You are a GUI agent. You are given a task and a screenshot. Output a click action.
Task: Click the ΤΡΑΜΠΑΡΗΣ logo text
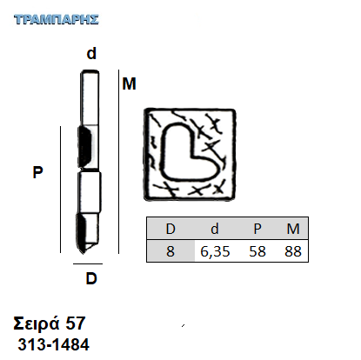pyautogui.click(x=57, y=20)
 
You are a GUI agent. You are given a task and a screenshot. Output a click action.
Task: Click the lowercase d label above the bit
pyautogui.click(x=91, y=54)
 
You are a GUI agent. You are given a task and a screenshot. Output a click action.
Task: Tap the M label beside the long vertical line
pyautogui.click(x=129, y=83)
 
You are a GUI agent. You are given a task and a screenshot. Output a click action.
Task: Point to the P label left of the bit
pyautogui.click(x=37, y=172)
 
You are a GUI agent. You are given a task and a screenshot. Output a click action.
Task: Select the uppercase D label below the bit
pyautogui.click(x=91, y=278)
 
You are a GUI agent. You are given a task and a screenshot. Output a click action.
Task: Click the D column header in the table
pyautogui.click(x=170, y=229)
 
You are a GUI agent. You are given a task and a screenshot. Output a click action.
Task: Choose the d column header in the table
pyautogui.click(x=215, y=229)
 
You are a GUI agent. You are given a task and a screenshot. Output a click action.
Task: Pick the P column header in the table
pyautogui.click(x=257, y=229)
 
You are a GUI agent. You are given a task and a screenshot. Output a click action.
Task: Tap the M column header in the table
pyautogui.click(x=293, y=229)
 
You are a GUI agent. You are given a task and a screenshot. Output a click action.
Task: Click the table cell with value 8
pyautogui.click(x=170, y=251)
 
